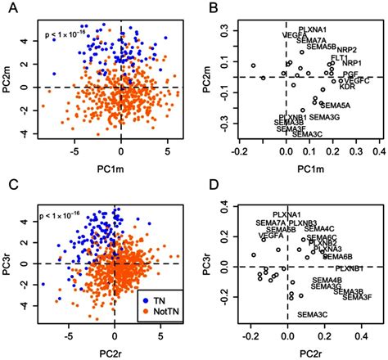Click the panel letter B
[x=210, y=8]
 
